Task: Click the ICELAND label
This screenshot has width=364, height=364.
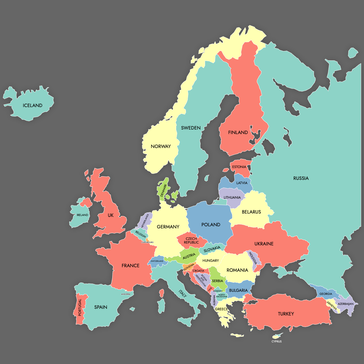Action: coord(32,106)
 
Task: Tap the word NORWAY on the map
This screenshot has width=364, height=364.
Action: coord(161,147)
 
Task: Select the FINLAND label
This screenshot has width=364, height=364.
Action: coord(238,133)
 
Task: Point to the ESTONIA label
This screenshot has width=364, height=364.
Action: coord(239,167)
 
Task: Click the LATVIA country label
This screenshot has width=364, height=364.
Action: coord(242,183)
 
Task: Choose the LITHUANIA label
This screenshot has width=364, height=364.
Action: coord(232,197)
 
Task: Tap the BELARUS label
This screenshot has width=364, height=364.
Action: coord(251,212)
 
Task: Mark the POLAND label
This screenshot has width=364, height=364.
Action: coord(211,225)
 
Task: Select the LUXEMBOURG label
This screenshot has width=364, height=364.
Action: coord(147,242)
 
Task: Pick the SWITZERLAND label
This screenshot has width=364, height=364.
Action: coord(157,261)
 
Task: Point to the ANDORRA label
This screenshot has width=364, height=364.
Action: coord(126,294)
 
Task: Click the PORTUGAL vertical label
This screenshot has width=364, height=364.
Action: coord(80,308)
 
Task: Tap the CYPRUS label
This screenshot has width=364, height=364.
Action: coord(276,342)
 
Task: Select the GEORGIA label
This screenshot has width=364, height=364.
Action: coord(326,294)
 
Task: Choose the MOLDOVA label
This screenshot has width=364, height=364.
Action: coord(253,258)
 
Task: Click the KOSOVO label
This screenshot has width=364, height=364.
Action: coord(218,291)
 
